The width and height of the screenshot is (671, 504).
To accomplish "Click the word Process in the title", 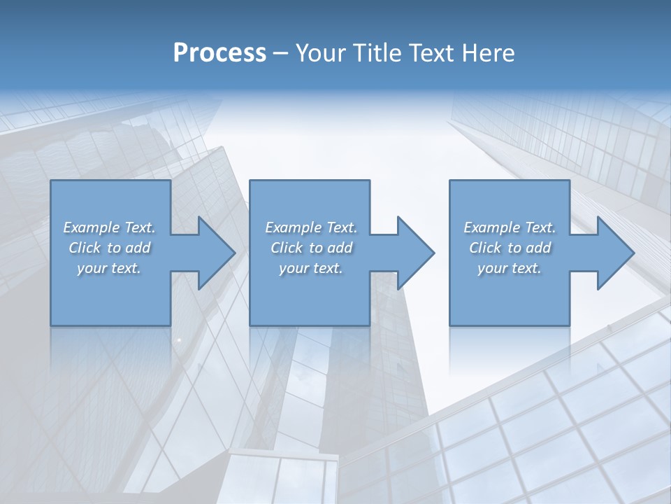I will pyautogui.click(x=219, y=53).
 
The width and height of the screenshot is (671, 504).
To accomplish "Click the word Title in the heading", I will pyautogui.click(x=378, y=53).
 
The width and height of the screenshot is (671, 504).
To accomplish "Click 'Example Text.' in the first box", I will pyautogui.click(x=109, y=227).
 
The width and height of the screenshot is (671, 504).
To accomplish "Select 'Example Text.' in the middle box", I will pyautogui.click(x=311, y=227).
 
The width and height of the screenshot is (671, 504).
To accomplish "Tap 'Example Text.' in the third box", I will pyautogui.click(x=510, y=227).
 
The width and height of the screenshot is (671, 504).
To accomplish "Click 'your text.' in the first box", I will pyautogui.click(x=109, y=268).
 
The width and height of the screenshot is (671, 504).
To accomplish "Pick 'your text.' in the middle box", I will pyautogui.click(x=311, y=268).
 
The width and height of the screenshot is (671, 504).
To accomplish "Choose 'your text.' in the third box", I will pyautogui.click(x=510, y=268).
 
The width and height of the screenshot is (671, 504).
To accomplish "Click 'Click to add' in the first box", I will pyautogui.click(x=109, y=248).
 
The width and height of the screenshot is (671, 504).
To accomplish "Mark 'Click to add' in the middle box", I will pyautogui.click(x=311, y=248).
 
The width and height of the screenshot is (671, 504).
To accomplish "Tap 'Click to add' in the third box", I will pyautogui.click(x=510, y=248).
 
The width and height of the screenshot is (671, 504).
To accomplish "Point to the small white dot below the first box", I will pyautogui.click(x=179, y=339).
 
